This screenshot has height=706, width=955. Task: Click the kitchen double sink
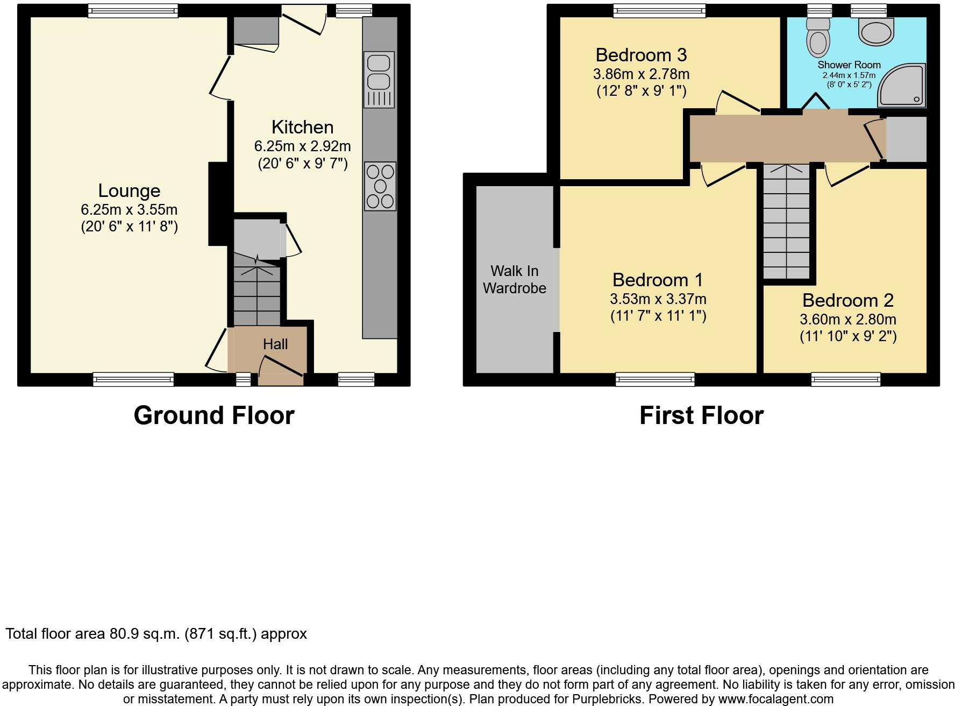[380, 79]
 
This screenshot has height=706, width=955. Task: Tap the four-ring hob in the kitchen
[380, 186]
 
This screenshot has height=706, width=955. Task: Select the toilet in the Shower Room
[818, 37]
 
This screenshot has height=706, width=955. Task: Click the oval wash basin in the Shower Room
[876, 31]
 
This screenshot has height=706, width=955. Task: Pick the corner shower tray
[902, 85]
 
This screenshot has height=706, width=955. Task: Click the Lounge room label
[129, 190]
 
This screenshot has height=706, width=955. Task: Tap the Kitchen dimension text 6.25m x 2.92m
[302, 146]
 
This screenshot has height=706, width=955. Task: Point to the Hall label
[275, 344]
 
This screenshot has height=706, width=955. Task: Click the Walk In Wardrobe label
[514, 279]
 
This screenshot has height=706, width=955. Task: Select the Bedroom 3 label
[641, 55]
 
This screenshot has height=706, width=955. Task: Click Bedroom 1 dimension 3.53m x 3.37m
[658, 299]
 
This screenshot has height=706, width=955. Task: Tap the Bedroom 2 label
[848, 300]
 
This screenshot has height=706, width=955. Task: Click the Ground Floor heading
[214, 415]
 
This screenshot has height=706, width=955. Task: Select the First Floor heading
[701, 415]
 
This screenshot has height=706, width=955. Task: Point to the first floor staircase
[786, 221]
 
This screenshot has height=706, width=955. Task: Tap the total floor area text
[156, 634]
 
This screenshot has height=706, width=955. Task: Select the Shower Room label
[849, 65]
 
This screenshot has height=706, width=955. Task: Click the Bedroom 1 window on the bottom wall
[655, 380]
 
